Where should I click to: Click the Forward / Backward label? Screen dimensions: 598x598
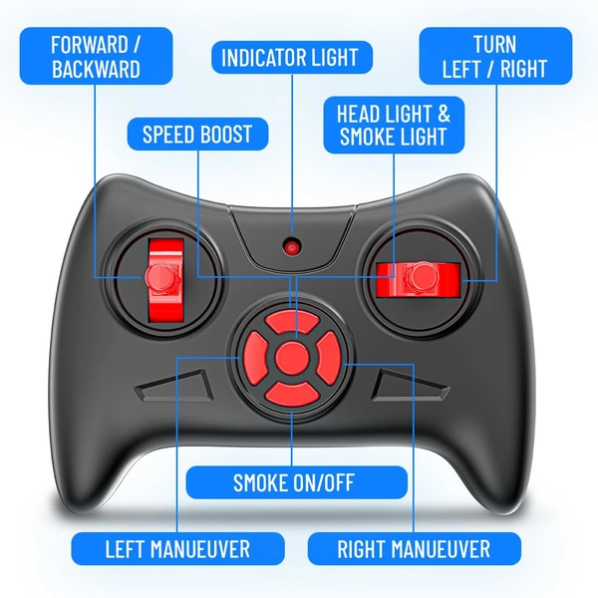click(96, 56)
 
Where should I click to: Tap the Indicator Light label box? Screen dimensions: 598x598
click(292, 57)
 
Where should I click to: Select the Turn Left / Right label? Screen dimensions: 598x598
click(495, 56)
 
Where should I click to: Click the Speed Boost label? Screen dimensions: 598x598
click(197, 134)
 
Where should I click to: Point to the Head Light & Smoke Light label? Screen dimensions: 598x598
click(394, 125)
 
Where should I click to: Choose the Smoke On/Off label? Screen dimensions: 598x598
click(296, 482)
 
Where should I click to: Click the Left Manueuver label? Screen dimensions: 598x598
click(177, 549)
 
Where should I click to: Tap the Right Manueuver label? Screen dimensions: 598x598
click(415, 549)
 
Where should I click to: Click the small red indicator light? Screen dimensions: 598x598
click(292, 247)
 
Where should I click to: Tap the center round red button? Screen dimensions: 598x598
click(292, 358)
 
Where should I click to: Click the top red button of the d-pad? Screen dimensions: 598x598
click(292, 323)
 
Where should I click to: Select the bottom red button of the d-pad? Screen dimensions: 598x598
click(292, 394)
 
